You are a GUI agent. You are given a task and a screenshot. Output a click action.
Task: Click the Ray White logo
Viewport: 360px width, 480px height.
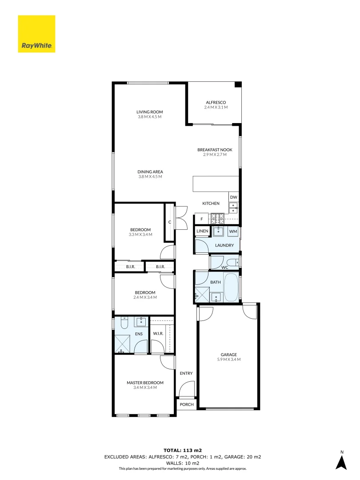click(36, 34)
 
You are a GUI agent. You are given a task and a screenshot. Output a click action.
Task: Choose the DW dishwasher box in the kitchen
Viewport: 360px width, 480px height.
click(234, 197)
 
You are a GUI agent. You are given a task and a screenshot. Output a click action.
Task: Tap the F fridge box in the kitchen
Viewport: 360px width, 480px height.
click(201, 219)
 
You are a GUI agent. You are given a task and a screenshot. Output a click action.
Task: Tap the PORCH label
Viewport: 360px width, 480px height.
click(186, 404)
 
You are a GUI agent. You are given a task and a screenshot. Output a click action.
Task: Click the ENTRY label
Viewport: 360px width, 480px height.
click(186, 373)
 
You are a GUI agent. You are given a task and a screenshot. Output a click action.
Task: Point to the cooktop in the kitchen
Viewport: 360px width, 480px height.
click(218, 219)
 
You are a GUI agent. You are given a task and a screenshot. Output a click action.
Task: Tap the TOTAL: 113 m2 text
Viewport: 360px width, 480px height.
click(183, 450)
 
